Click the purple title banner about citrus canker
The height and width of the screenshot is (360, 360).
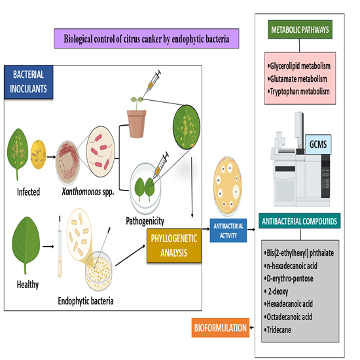pyautogui.click(x=147, y=39)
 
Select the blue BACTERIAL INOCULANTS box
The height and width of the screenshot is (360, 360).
pyautogui.click(x=29, y=82)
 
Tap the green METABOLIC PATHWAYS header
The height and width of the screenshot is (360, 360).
pyautogui.click(x=300, y=29)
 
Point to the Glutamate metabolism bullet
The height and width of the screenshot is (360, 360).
pyautogui.click(x=298, y=79)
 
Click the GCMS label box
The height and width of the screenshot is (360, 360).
pyautogui.click(x=318, y=145)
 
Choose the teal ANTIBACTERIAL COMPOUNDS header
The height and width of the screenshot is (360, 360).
pyautogui.click(x=299, y=221)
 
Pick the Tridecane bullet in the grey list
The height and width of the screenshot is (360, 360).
pyautogui.click(x=278, y=330)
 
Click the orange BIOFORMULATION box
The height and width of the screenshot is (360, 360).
pyautogui.click(x=221, y=328)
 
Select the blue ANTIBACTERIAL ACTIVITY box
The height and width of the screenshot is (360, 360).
pyautogui.click(x=228, y=230)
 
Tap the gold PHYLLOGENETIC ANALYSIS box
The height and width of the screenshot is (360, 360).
pyautogui.click(x=174, y=245)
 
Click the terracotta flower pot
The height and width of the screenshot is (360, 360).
pyautogui.click(x=137, y=124)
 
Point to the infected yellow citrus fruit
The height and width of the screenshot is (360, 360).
pyautogui.click(x=39, y=154)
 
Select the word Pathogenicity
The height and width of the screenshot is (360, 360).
pyautogui.click(x=145, y=221)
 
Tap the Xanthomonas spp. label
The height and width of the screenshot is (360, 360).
pyautogui.click(x=88, y=192)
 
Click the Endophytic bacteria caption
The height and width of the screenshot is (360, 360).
pyautogui.click(x=86, y=301)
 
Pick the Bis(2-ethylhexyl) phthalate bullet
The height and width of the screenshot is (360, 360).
pyautogui.click(x=299, y=253)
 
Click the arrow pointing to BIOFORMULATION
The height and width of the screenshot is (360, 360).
pyautogui.click(x=252, y=328)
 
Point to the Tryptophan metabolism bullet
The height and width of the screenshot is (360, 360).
pyautogui.click(x=298, y=92)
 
